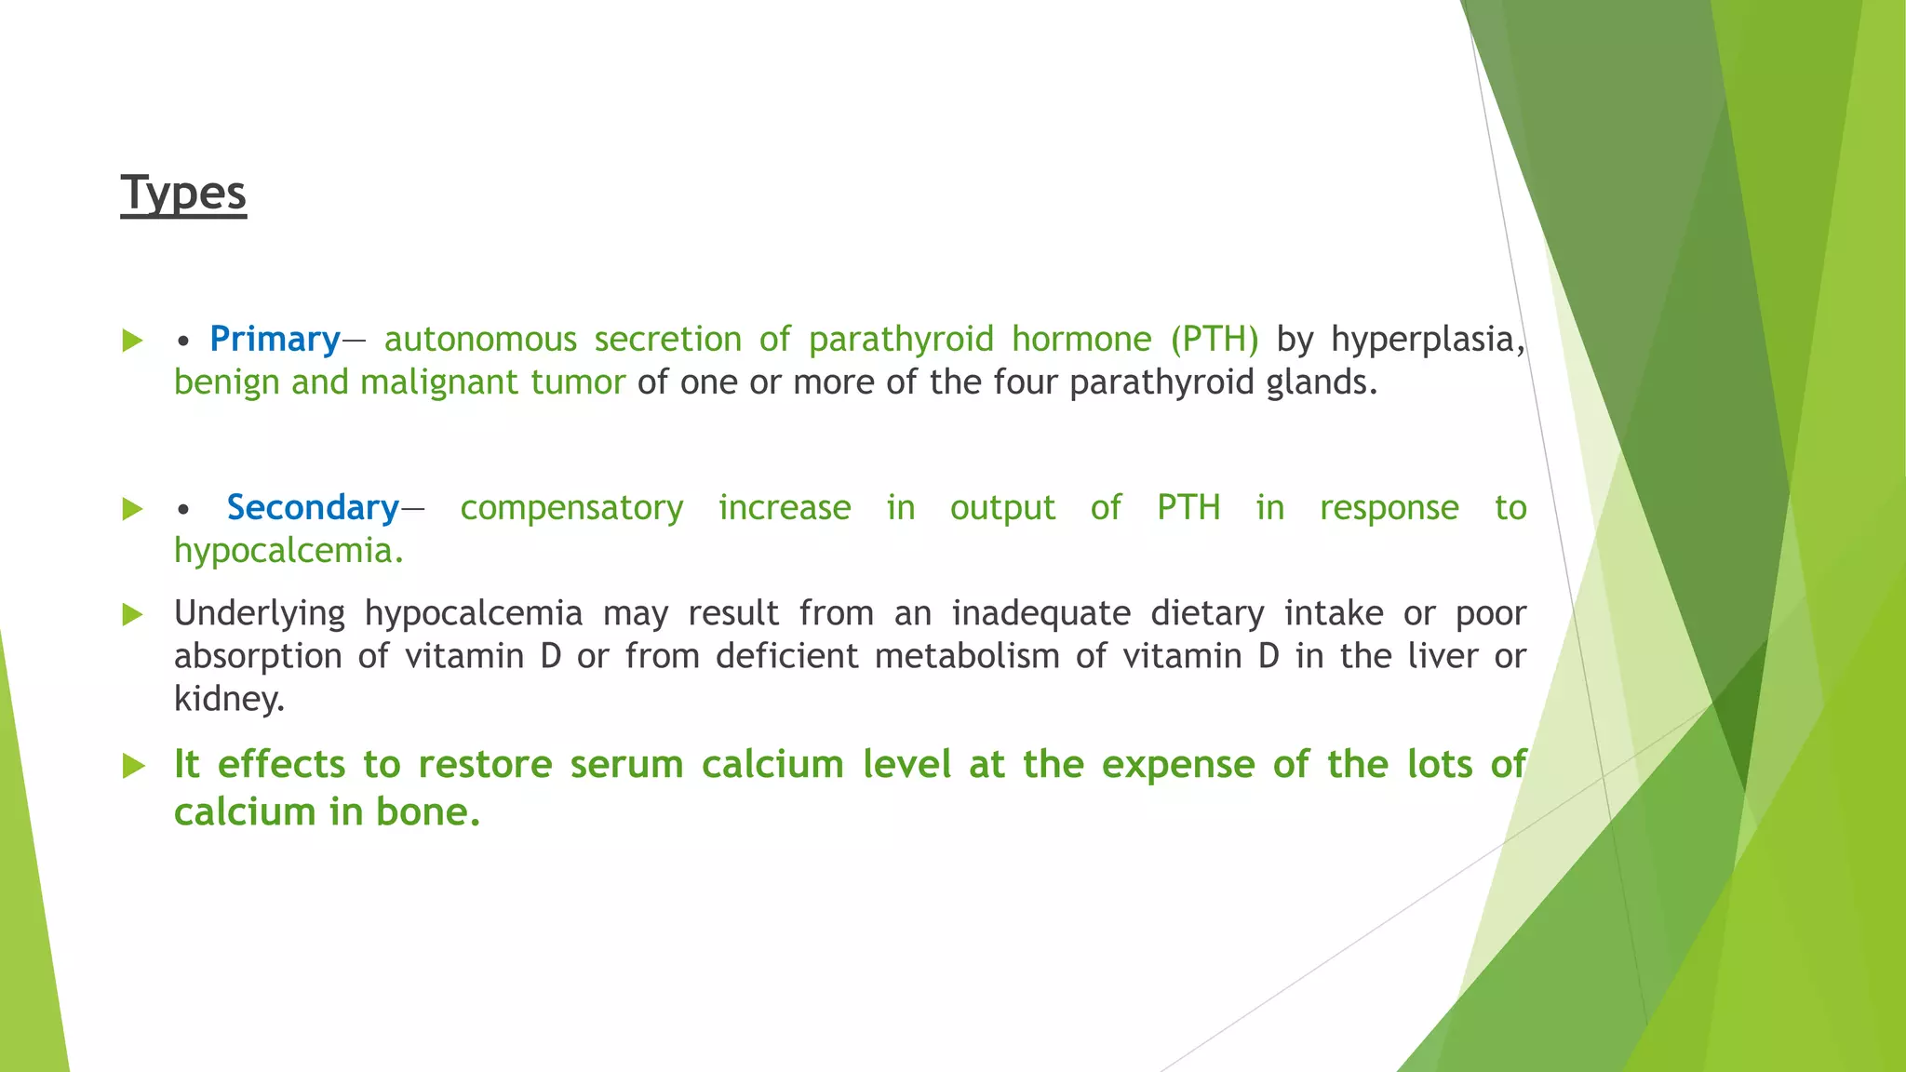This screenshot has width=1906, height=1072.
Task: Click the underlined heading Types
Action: point(183,194)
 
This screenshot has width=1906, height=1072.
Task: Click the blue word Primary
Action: point(275,339)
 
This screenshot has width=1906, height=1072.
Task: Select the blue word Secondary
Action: point(313,507)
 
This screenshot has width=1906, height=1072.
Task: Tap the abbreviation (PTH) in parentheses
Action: point(1215,339)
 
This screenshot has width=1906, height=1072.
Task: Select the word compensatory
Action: point(571,507)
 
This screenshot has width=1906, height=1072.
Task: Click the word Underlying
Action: point(259,613)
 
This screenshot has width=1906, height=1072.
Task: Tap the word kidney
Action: point(228,699)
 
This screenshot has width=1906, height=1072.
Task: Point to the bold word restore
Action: point(485,765)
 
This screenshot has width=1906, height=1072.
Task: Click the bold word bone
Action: point(427,812)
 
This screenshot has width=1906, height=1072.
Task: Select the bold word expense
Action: point(1177,765)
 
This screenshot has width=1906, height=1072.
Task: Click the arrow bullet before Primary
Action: point(133,341)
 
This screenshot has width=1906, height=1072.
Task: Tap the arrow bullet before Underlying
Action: point(133,614)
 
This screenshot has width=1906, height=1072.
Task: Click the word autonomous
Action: point(480,339)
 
